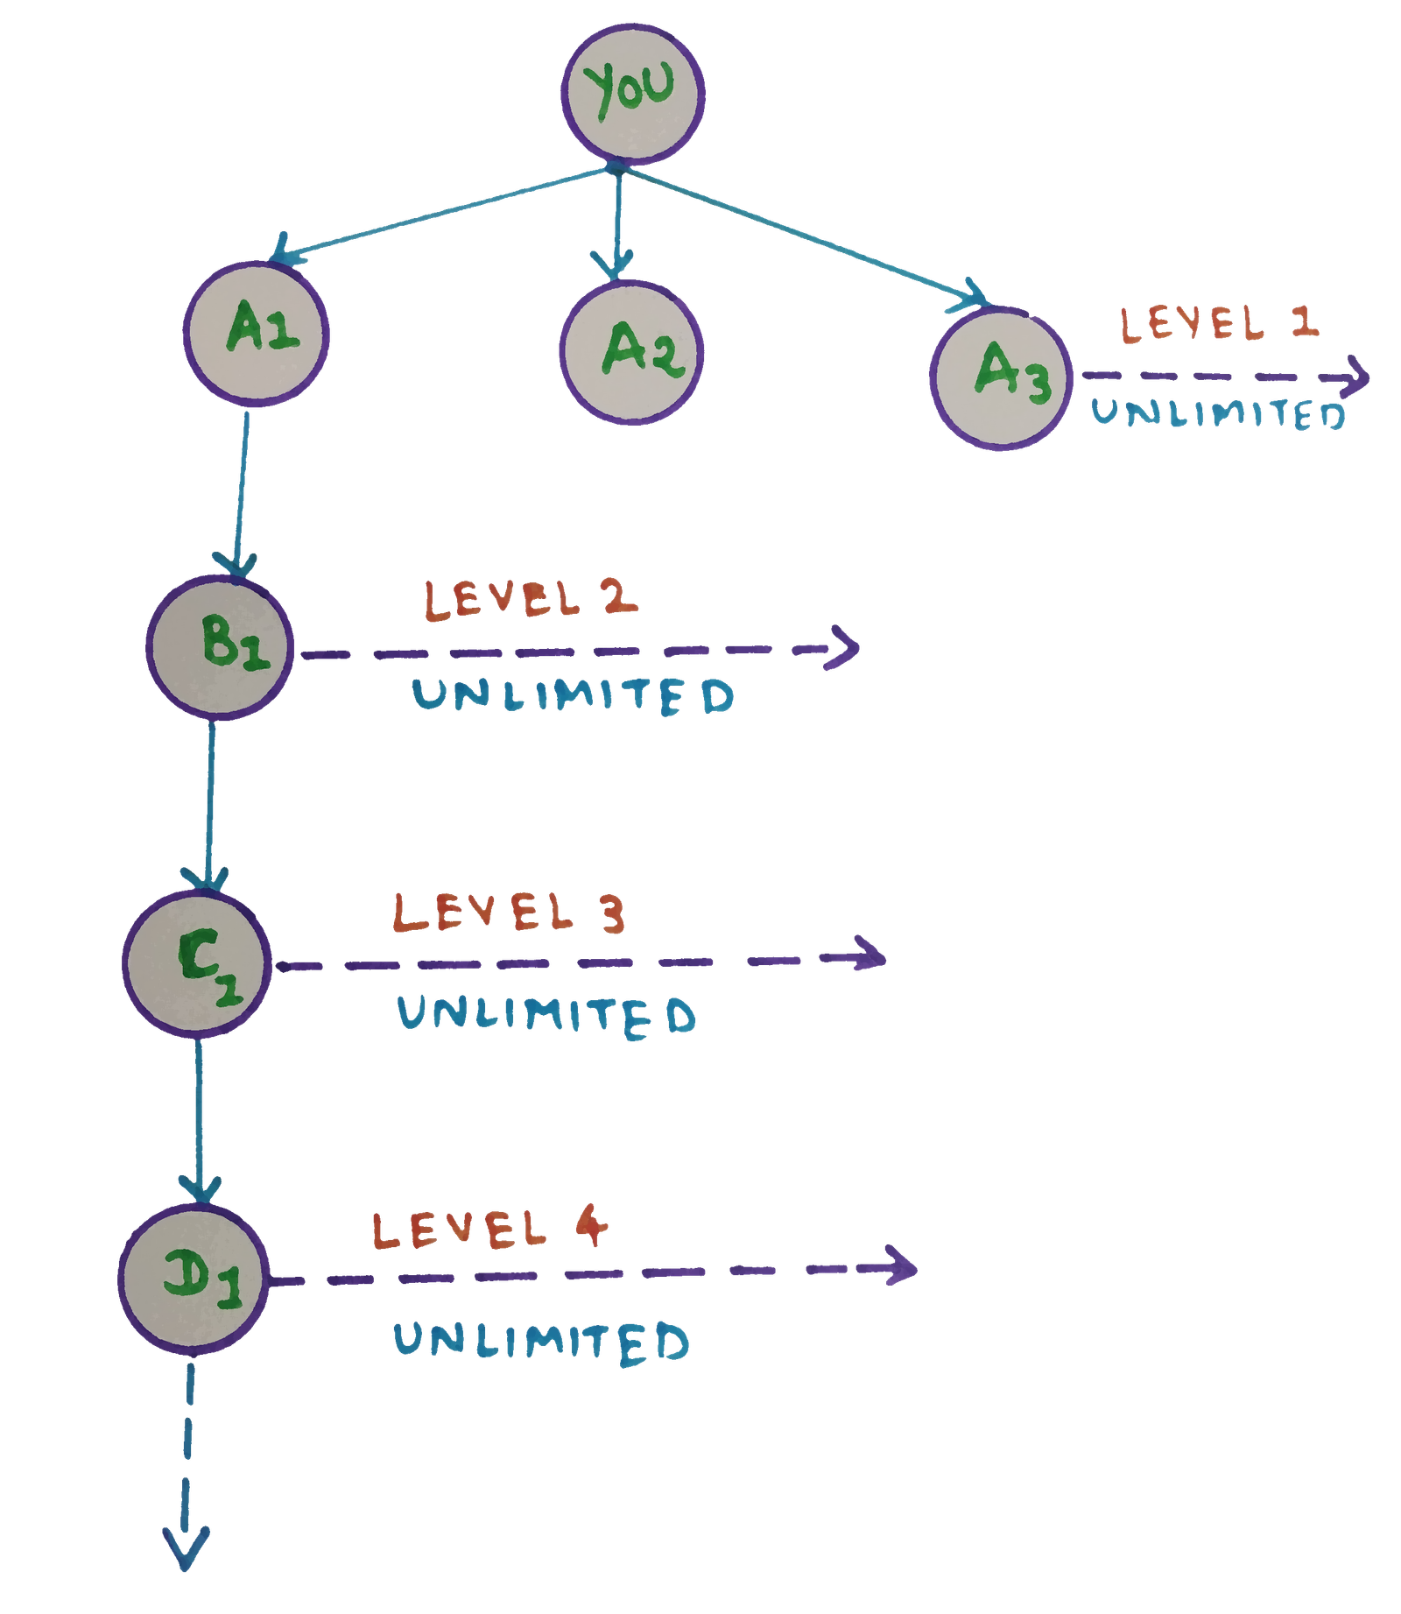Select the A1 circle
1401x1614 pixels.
coord(257,334)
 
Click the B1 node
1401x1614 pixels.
coord(220,648)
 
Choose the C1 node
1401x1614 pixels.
coord(196,963)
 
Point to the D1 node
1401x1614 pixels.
coord(194,1278)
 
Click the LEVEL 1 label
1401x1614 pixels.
coord(1219,324)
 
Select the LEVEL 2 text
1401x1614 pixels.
coord(531,601)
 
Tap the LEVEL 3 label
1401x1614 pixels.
coord(510,913)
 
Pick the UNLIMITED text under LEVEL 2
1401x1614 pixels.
coord(574,696)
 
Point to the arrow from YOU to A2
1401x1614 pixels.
coord(618,223)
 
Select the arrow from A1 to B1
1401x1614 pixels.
coord(242,490)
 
